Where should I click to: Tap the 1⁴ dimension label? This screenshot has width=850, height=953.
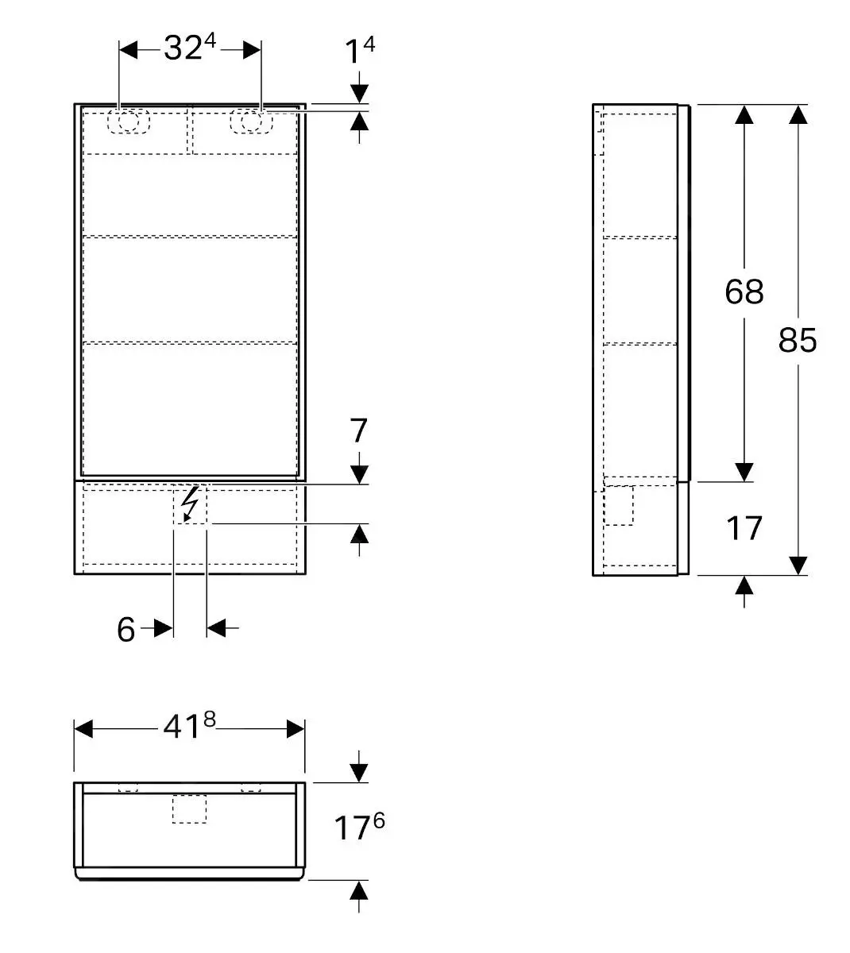pyautogui.click(x=359, y=52)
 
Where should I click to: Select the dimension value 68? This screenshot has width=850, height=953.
pyautogui.click(x=744, y=291)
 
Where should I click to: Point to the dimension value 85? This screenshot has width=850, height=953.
pyautogui.click(x=798, y=340)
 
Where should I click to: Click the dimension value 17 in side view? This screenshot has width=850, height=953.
pyautogui.click(x=744, y=528)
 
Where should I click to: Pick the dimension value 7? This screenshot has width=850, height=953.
pyautogui.click(x=359, y=431)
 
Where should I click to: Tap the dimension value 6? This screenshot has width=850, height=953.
pyautogui.click(x=126, y=629)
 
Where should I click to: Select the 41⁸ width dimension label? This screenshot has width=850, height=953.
pyautogui.click(x=189, y=727)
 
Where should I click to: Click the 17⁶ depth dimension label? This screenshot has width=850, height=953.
pyautogui.click(x=359, y=828)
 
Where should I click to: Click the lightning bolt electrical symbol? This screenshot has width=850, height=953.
pyautogui.click(x=190, y=504)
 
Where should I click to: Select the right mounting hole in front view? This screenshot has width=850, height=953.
pyautogui.click(x=250, y=122)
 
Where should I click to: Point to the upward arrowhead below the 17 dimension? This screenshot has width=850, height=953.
pyautogui.click(x=744, y=587)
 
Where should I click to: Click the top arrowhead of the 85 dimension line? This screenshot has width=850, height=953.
pyautogui.click(x=798, y=115)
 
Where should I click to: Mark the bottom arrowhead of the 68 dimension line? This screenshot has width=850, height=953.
pyautogui.click(x=744, y=472)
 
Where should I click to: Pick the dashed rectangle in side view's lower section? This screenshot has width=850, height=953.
pyautogui.click(x=619, y=505)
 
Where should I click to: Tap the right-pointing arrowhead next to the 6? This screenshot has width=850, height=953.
pyautogui.click(x=164, y=628)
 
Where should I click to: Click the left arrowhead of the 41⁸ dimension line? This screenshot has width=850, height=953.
pyautogui.click(x=83, y=728)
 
